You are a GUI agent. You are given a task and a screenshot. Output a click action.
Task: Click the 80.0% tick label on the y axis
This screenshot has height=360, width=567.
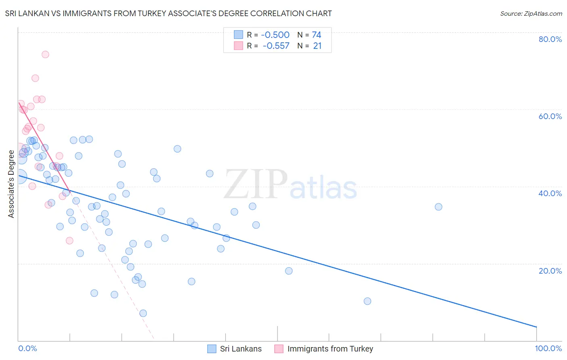(x=550, y=39)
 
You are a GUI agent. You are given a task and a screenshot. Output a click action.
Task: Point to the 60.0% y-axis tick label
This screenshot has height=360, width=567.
(x=550, y=116)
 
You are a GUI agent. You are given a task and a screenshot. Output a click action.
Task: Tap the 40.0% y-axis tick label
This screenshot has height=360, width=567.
(x=550, y=193)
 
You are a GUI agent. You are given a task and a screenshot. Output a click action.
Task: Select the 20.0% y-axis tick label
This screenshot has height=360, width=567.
(x=550, y=271)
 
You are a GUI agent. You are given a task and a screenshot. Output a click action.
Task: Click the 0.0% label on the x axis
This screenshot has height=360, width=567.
(x=27, y=348)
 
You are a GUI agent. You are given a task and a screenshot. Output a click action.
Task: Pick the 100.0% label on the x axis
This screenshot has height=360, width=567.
(x=548, y=348)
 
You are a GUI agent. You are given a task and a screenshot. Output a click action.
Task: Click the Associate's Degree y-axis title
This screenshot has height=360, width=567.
(x=11, y=184)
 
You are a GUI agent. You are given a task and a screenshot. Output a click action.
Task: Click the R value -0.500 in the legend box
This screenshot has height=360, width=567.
(x=275, y=35)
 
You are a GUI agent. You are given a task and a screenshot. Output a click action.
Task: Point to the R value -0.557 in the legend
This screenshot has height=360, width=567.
(x=276, y=46)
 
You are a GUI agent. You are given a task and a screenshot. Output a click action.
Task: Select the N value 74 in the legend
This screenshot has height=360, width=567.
(x=317, y=35)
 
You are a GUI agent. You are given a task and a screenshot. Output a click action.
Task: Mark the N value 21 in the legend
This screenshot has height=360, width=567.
(x=317, y=46)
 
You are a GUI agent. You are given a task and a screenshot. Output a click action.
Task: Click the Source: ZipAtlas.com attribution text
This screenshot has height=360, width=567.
(x=531, y=14)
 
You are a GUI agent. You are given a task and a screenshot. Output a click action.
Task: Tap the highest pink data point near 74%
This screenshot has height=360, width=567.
(x=46, y=54)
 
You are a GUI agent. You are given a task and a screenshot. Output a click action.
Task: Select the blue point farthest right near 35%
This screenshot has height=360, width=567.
(x=438, y=207)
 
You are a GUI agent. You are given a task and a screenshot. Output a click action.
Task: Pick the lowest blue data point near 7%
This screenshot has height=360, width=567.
(x=143, y=313)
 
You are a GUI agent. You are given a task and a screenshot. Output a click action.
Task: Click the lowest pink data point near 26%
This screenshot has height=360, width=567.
(x=69, y=241)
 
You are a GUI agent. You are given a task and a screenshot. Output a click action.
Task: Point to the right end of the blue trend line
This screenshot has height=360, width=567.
(x=536, y=327)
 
